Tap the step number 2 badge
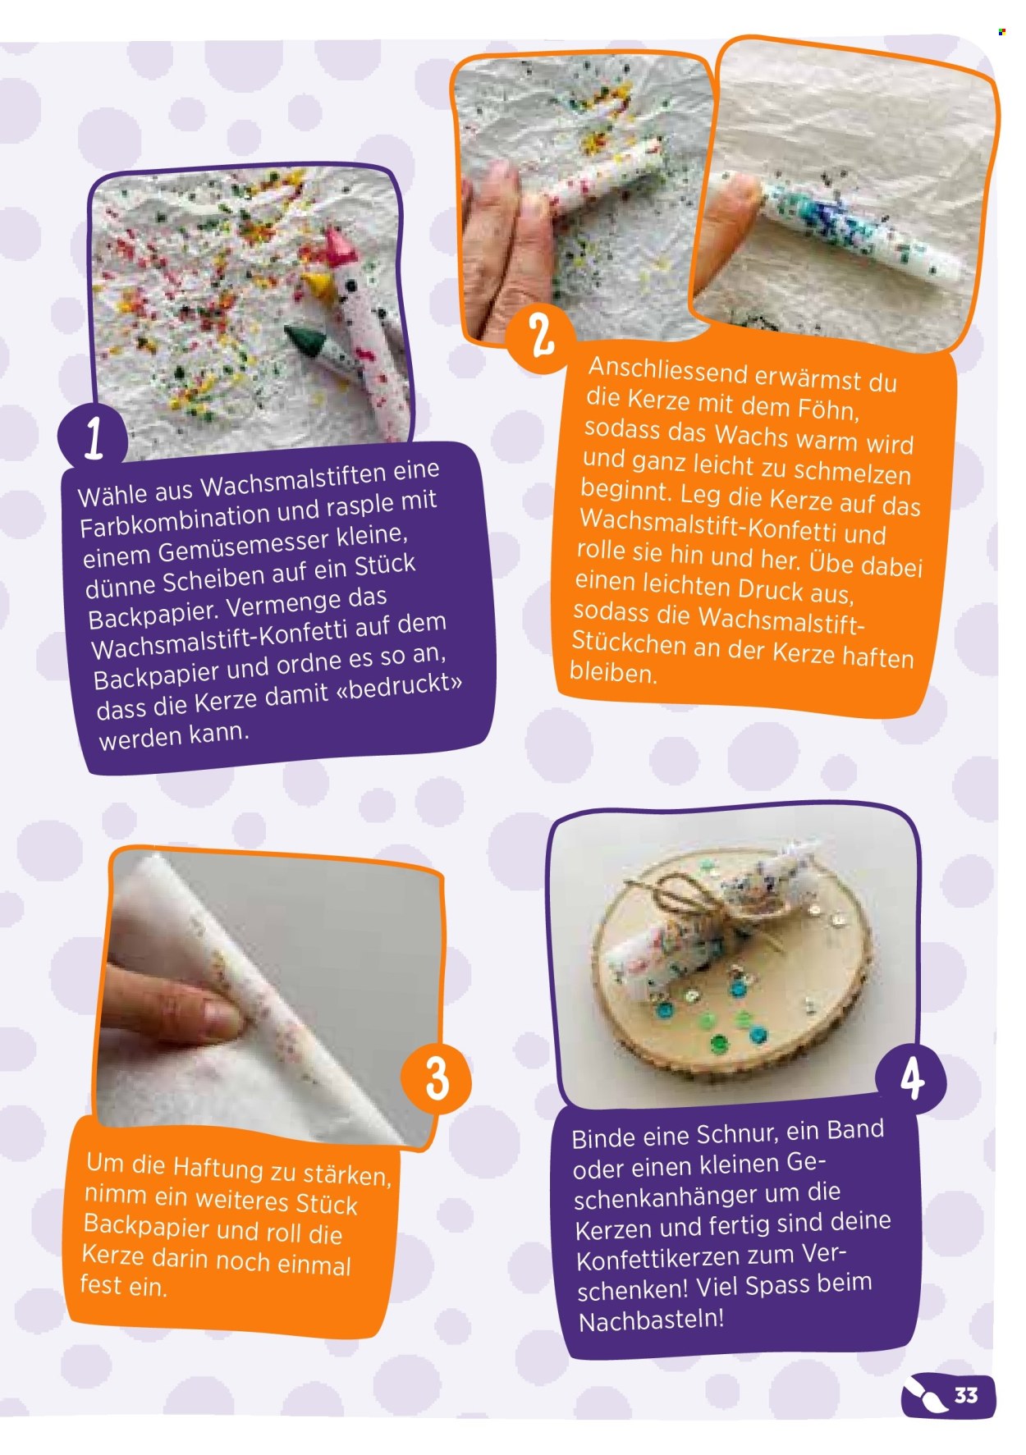coord(541,336)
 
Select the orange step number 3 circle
coord(437,1078)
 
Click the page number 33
coord(966,1395)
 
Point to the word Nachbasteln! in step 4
coord(652,1320)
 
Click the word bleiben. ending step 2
coord(614,673)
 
